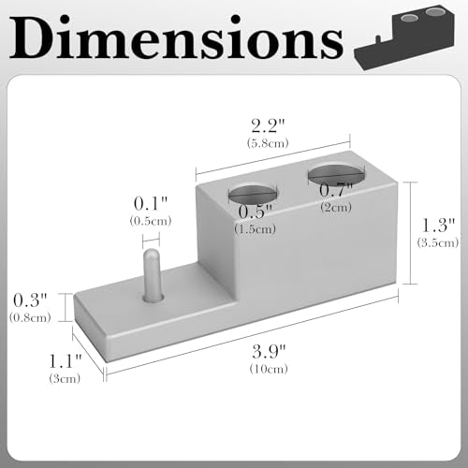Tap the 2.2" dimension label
point(268,125)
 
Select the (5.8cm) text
point(268,143)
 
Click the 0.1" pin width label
point(151,204)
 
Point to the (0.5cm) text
point(151,221)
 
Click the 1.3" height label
point(438,226)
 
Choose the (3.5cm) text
point(438,242)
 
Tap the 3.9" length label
point(269,352)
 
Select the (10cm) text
point(269,369)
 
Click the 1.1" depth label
point(65,361)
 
